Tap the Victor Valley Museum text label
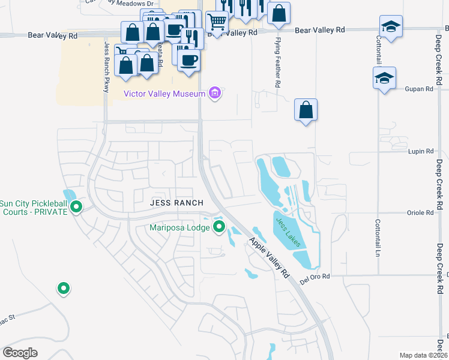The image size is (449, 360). pyautogui.click(x=164, y=93)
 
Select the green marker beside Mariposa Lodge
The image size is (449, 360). pyautogui.click(x=219, y=227)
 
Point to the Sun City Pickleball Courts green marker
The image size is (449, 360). pyautogui.click(x=76, y=207)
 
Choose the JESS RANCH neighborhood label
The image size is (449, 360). pyautogui.click(x=176, y=203)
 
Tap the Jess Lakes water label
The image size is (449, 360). pyautogui.click(x=288, y=233)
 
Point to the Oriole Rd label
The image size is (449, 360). pyautogui.click(x=421, y=213)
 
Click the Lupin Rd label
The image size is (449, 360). pyautogui.click(x=421, y=152)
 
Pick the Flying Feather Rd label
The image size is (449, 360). pyautogui.click(x=278, y=63)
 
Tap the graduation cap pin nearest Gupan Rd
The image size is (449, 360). pyautogui.click(x=384, y=78)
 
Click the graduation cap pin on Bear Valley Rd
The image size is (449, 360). pyautogui.click(x=391, y=26)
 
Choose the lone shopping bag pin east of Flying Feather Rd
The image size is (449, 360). pyautogui.click(x=306, y=110)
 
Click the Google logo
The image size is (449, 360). pyautogui.click(x=20, y=352)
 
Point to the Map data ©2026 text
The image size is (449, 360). pyautogui.click(x=423, y=355)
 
